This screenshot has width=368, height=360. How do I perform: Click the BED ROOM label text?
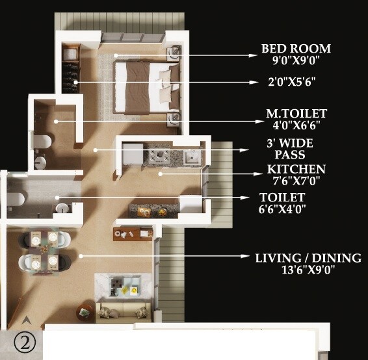click(x=296, y=49)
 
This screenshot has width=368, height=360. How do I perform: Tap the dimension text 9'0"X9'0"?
click(x=296, y=60)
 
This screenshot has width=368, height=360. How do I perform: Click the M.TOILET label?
click(x=296, y=114)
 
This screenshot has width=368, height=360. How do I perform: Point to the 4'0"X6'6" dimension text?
click(x=296, y=125)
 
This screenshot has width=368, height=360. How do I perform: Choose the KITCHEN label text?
click(x=296, y=169)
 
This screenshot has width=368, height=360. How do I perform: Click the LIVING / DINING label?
click(x=308, y=258)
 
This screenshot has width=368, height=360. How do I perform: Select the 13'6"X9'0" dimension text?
click(x=308, y=270)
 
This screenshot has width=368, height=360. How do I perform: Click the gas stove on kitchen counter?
click(x=159, y=155)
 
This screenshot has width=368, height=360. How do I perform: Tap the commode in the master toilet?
click(x=43, y=141)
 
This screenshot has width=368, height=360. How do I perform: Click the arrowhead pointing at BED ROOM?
click(x=254, y=55)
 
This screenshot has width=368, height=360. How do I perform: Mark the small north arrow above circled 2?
click(x=27, y=320)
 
